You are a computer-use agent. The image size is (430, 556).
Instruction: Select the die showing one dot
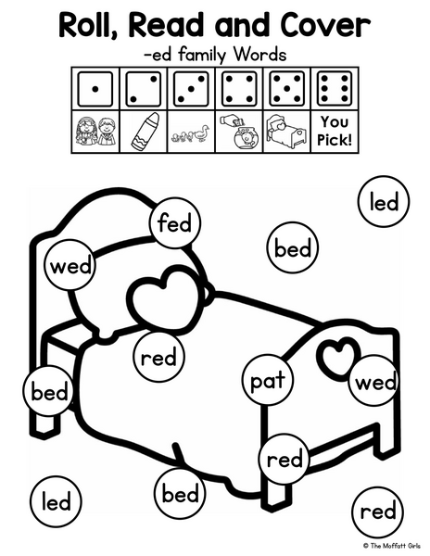click(95, 89)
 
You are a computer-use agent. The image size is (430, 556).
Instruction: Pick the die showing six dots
click(335, 89)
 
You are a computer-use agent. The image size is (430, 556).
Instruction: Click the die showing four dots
click(238, 89)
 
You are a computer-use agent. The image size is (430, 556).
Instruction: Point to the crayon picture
click(145, 131)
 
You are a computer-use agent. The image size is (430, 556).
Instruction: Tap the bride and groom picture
click(95, 132)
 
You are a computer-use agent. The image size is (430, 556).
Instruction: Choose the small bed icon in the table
click(286, 131)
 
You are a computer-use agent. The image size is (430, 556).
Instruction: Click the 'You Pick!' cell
click(335, 132)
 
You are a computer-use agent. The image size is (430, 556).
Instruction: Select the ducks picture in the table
click(190, 134)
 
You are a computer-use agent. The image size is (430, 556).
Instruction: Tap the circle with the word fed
click(175, 223)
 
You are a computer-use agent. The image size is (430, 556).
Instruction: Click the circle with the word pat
click(269, 380)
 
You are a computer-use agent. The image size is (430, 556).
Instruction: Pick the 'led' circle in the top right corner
click(384, 202)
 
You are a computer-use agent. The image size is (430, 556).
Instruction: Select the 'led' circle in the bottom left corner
click(56, 501)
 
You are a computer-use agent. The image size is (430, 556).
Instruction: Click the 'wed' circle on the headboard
click(70, 266)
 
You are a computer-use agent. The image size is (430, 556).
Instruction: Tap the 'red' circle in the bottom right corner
click(378, 512)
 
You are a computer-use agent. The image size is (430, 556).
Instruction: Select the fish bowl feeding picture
click(238, 132)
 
